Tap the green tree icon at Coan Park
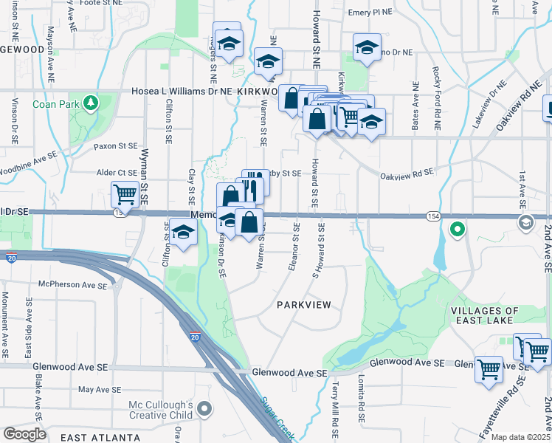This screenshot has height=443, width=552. (x=91, y=102)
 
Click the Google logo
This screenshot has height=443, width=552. (x=24, y=434)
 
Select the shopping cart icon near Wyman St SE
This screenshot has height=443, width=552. (x=125, y=196)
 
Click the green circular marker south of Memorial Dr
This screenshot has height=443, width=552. (x=457, y=230)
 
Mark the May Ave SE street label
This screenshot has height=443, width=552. (x=99, y=389)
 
